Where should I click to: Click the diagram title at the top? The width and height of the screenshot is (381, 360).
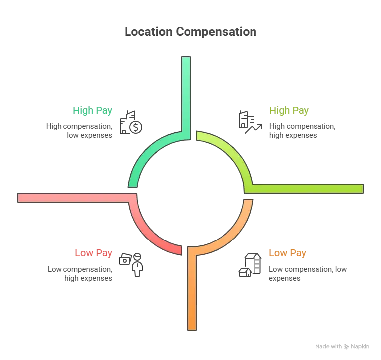click(190, 31)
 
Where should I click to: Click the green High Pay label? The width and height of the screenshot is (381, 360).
click(92, 110)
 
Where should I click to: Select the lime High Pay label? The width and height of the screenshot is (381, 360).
click(289, 110)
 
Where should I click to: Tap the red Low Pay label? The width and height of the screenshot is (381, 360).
click(94, 253)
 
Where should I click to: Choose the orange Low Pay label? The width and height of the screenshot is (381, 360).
click(286, 253)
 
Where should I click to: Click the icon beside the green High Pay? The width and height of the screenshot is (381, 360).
click(131, 120)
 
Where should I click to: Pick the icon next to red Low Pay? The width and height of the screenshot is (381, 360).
click(133, 263)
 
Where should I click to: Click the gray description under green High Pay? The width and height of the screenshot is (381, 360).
click(79, 130)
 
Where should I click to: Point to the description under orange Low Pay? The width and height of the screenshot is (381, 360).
click(307, 273)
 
